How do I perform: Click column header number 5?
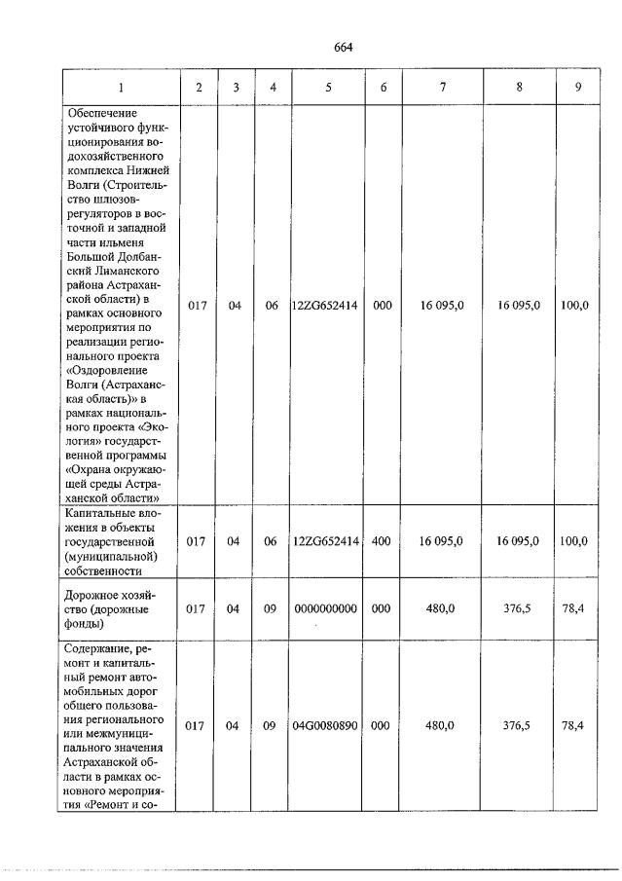point(328,88)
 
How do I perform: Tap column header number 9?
point(578,88)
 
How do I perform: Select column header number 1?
point(122,88)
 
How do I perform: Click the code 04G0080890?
point(325,726)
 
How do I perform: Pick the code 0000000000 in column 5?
point(325,608)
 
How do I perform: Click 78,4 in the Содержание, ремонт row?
point(575,726)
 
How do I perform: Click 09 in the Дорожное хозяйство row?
point(271,608)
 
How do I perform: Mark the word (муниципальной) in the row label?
point(111,556)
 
